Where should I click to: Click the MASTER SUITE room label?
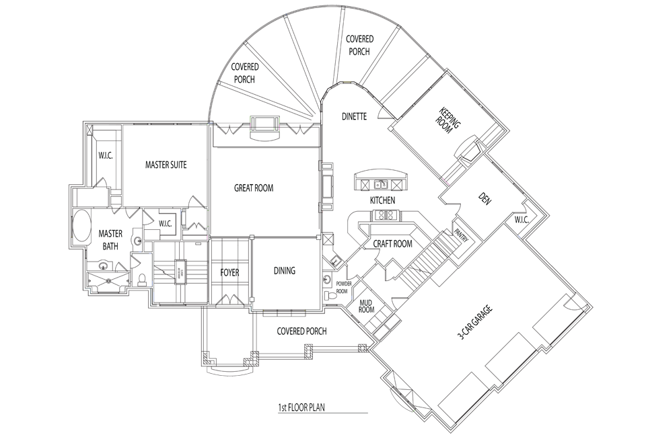pos(166,165)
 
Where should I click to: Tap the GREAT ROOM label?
pos(254,188)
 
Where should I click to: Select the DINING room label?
pos(285,271)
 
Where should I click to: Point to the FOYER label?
pos(230,273)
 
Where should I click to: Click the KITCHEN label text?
pos(382,201)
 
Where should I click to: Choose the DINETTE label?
pos(354,116)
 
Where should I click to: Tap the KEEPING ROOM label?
pos(449,120)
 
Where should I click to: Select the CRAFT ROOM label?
pos(393,244)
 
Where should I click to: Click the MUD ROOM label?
pos(366,306)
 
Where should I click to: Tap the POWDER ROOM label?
pos(343,288)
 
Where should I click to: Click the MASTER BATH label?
pos(110,240)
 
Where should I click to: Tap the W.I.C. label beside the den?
pos(522,220)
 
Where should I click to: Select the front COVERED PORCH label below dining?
pos(301,331)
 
